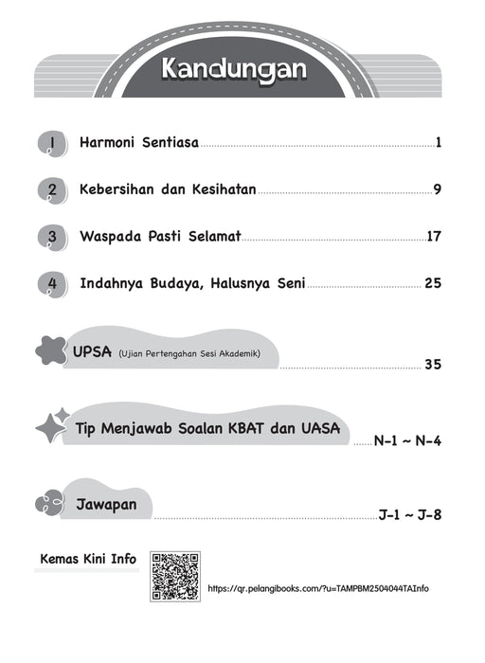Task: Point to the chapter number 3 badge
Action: click(x=52, y=238)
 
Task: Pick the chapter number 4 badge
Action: click(x=52, y=284)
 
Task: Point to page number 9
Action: click(x=438, y=190)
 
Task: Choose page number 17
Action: click(x=435, y=237)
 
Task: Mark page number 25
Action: click(x=434, y=283)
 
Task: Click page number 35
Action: click(x=434, y=364)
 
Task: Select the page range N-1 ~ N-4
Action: click(x=408, y=441)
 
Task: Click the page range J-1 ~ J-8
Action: click(x=410, y=516)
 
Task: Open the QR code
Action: click(x=173, y=576)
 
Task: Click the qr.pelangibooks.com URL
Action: click(x=317, y=588)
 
